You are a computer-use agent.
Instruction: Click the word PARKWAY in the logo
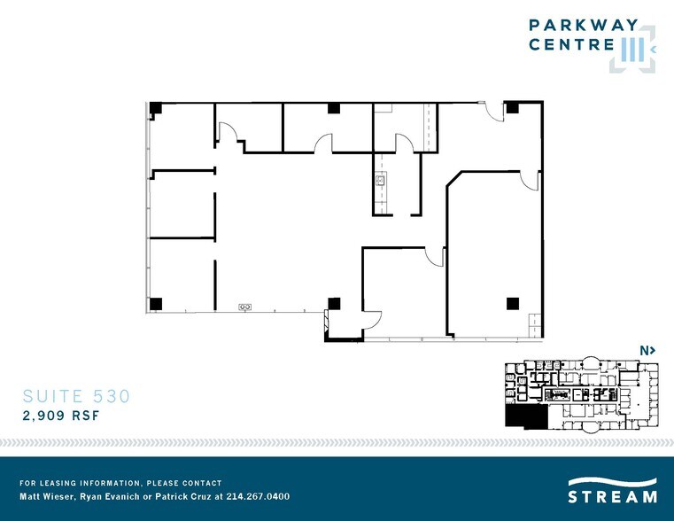[x=584, y=25]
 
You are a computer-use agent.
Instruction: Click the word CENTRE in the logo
[x=571, y=44]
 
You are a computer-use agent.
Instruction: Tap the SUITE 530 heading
[x=76, y=396]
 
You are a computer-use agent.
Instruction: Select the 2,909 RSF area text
[x=61, y=416]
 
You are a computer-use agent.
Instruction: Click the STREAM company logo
[x=612, y=490]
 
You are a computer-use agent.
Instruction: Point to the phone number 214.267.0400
[x=258, y=496]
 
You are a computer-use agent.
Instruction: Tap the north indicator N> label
[x=647, y=351]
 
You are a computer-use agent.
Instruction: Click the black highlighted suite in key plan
[x=526, y=417]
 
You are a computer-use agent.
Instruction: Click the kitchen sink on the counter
[x=381, y=180]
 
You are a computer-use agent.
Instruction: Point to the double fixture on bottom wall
[x=245, y=307]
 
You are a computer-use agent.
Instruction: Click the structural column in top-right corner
[x=512, y=107]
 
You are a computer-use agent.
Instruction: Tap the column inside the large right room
[x=513, y=304]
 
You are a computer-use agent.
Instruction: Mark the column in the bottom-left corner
[x=156, y=304]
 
